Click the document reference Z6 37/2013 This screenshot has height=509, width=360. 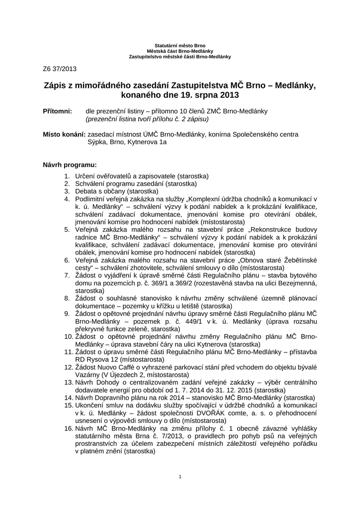pyautogui.click(x=60, y=69)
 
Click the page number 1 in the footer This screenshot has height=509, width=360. pyautogui.click(x=180, y=478)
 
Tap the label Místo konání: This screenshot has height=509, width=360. pyautogui.click(x=64, y=134)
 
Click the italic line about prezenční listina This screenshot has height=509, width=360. pyautogui.click(x=147, y=119)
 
